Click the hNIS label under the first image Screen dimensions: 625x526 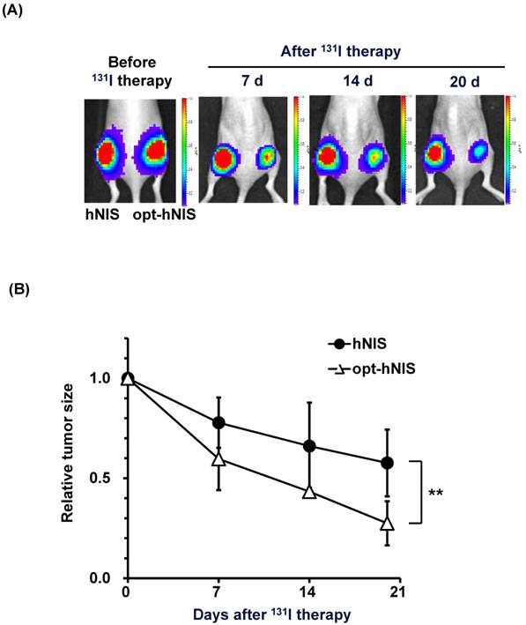[x=106, y=213]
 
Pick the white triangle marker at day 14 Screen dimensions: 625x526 [x=308, y=491]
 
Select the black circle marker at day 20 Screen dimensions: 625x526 [x=386, y=463]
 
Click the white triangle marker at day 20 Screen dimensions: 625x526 [x=386, y=524]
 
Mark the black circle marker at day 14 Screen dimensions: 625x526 [x=308, y=446]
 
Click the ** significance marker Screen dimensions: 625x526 [x=435, y=491]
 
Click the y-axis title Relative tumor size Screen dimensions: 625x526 [x=68, y=457]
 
